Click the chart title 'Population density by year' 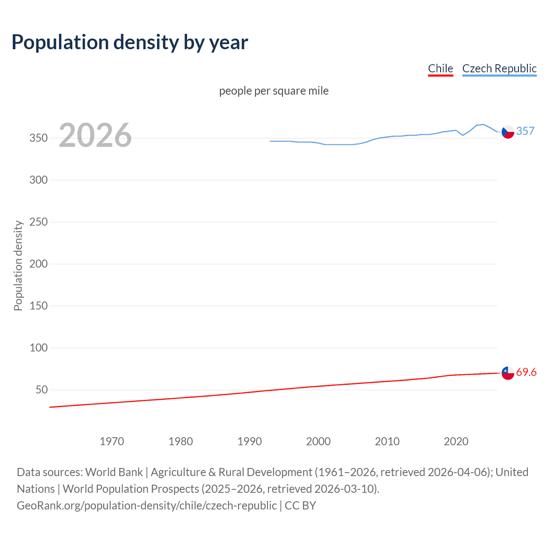pos(130,42)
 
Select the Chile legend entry pos(440,68)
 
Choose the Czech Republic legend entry pos(499,68)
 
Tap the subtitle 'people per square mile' pos(274,91)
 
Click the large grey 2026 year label pos(95,135)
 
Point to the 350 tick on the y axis pos(38,138)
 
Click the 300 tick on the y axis pos(38,180)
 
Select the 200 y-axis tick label pos(38,264)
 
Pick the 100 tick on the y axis pos(38,348)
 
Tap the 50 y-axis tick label pos(41,390)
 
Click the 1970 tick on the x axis pos(112,441)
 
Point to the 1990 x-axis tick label pos(250,441)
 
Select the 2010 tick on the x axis pos(387,441)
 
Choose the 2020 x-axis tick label pos(456,441)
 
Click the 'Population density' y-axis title pos(18,265)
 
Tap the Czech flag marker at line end pos(508,132)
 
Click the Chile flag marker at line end pos(508,373)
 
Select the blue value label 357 pos(525,131)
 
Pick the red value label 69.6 pos(526,372)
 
